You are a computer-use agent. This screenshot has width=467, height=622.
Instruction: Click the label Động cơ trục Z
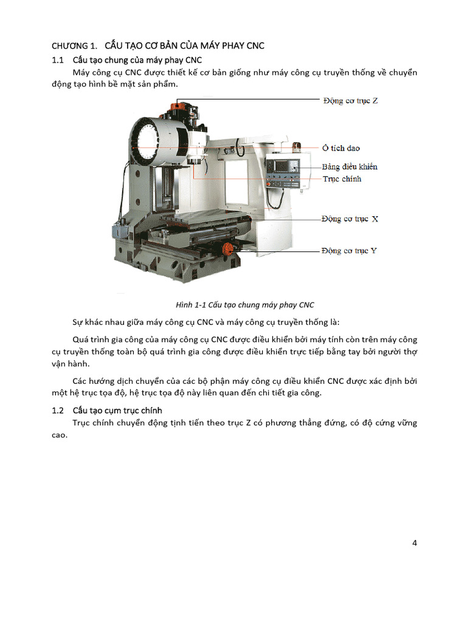point(350,100)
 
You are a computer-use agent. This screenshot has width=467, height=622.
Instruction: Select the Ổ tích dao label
point(341,148)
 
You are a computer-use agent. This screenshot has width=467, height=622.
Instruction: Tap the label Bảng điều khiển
point(350,166)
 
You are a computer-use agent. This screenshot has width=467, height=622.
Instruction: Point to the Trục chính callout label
point(342,179)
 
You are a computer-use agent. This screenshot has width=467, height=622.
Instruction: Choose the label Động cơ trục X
point(350,219)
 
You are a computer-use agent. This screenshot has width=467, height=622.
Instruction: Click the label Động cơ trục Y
point(349,250)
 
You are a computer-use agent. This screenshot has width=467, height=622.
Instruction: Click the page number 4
point(414,543)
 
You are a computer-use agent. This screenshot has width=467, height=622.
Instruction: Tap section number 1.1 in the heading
point(58,60)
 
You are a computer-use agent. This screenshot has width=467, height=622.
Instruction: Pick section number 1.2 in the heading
point(58,411)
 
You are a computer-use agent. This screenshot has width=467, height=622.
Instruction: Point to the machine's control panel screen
point(283,166)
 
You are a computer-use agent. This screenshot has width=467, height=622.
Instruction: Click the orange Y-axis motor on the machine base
point(227,248)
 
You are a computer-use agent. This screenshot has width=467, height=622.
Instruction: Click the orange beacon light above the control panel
point(297,147)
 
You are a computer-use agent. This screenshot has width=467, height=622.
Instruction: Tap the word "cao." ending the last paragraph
point(59,436)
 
